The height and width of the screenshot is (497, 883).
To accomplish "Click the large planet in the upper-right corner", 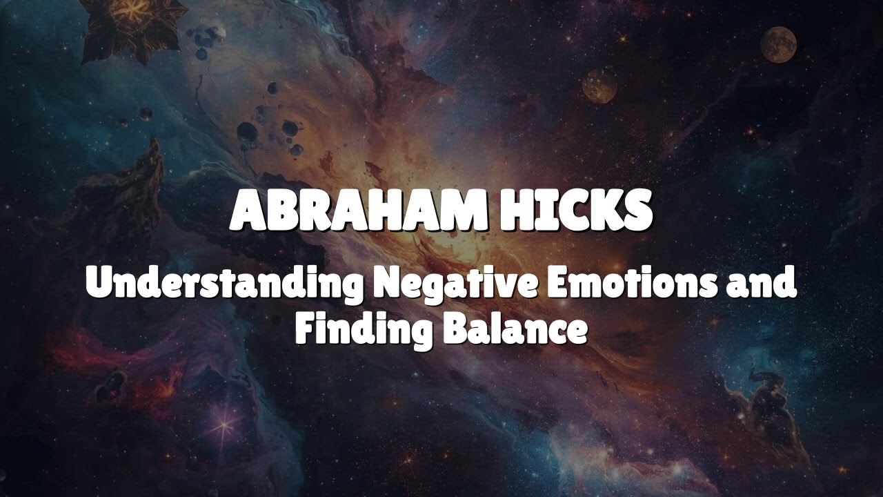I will click(x=778, y=43).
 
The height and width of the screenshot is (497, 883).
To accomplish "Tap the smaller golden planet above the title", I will click(x=599, y=86).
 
